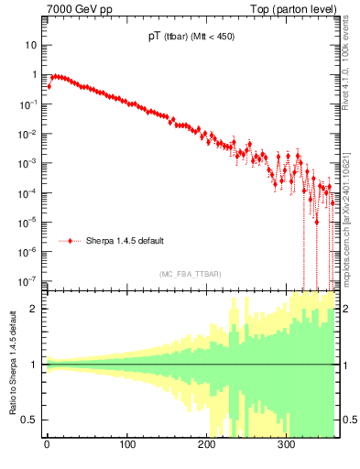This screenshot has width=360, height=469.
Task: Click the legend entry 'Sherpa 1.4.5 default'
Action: (125, 241)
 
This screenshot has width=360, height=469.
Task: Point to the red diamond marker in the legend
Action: (71, 241)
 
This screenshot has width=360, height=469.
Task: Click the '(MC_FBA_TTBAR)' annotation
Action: (191, 272)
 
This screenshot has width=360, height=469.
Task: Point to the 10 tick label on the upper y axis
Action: (31, 45)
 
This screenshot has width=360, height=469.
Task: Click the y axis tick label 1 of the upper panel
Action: (34, 75)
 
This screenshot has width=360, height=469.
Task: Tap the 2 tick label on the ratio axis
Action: (34, 309)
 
